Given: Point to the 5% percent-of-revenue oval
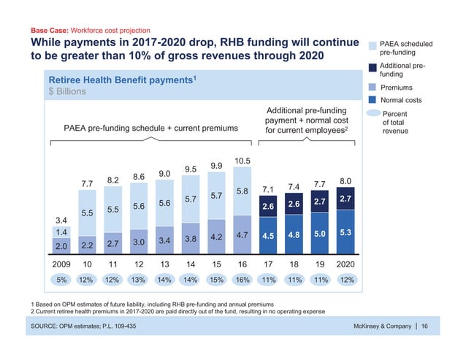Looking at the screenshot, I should (x=61, y=280).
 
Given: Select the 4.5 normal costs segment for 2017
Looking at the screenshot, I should (x=269, y=236).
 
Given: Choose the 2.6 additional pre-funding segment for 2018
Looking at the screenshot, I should (x=294, y=204).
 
